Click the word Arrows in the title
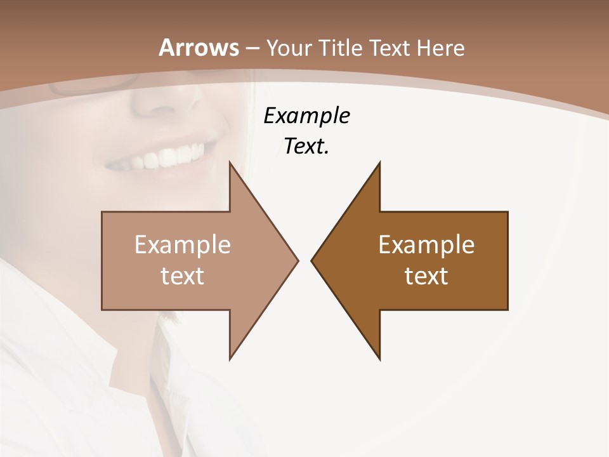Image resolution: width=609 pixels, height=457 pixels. (x=199, y=48)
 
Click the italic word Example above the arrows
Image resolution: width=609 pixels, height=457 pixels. (x=306, y=116)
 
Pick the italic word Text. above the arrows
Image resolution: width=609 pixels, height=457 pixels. (x=306, y=147)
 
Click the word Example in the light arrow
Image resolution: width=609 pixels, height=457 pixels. (x=183, y=245)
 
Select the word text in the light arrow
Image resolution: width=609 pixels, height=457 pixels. (x=183, y=275)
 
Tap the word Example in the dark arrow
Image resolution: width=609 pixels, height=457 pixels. (x=426, y=245)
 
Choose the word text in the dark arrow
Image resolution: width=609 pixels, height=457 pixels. (x=426, y=275)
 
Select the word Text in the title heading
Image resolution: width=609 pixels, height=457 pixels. (x=392, y=48)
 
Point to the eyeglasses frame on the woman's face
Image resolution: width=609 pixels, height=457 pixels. (x=95, y=86)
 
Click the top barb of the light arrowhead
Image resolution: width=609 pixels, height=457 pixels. (x=231, y=166)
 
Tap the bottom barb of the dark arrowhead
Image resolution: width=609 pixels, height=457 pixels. (x=379, y=355)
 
